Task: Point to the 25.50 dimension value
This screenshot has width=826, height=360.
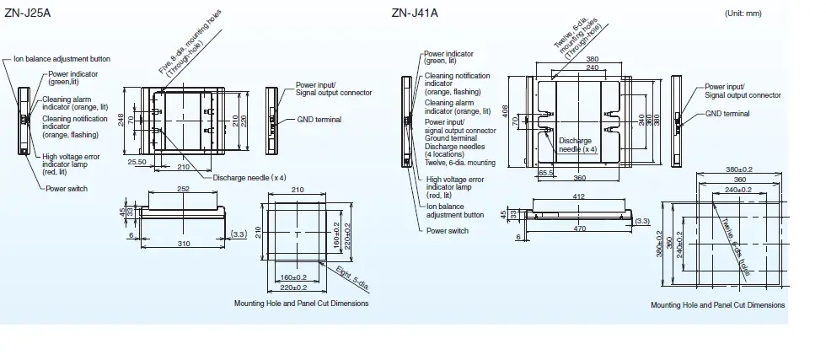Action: tap(137, 161)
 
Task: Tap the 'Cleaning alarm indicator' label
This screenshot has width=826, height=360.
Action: tap(67, 103)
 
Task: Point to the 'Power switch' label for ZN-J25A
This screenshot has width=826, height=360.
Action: tap(66, 189)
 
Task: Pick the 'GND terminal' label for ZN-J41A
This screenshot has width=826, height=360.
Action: tap(727, 113)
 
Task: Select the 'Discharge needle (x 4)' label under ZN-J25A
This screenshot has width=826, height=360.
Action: tap(249, 177)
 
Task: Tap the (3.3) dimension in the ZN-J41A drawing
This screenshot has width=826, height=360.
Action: tap(642, 221)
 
